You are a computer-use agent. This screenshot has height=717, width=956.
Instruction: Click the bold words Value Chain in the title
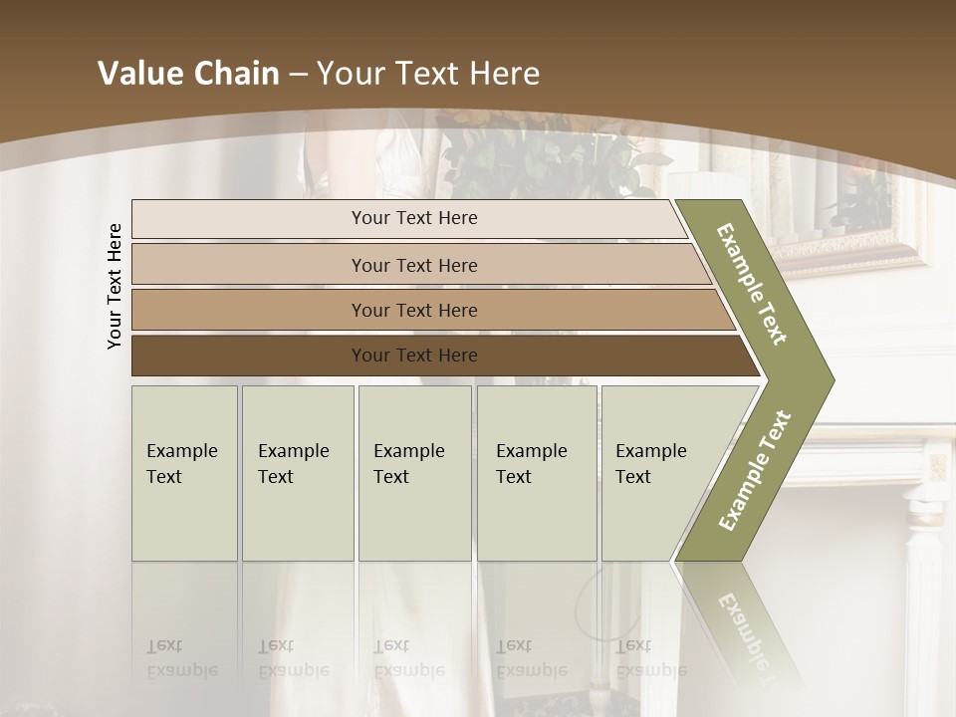(188, 74)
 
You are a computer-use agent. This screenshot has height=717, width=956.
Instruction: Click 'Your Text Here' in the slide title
(428, 74)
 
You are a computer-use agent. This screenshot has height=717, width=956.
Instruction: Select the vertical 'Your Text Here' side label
(115, 286)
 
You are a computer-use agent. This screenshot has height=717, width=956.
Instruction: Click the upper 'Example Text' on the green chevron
(752, 284)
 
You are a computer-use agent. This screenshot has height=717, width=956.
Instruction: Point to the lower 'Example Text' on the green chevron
(754, 471)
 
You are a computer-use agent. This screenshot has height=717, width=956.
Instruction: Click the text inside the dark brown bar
(414, 356)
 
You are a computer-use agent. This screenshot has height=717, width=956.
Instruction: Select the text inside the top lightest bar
(414, 218)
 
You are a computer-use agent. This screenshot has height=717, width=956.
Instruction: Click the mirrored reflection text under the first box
(181, 658)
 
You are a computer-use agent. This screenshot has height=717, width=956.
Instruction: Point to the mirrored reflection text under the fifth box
(650, 658)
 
